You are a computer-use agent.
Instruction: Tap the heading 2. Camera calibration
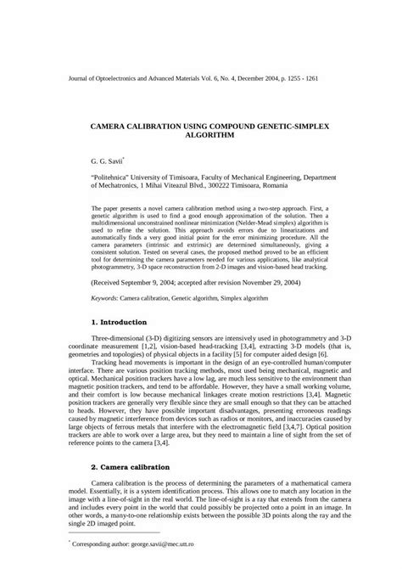point(134,468)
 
